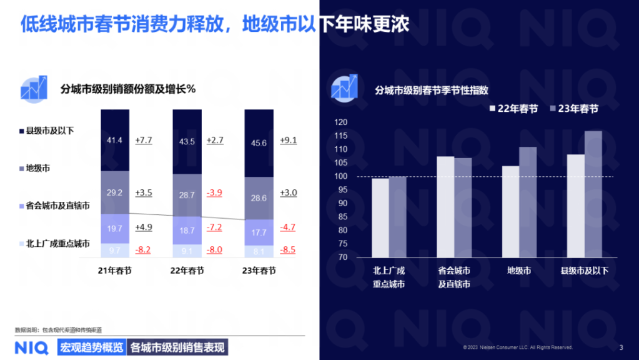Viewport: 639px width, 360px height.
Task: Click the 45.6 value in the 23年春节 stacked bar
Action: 259,143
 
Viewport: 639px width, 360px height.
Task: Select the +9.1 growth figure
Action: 288,140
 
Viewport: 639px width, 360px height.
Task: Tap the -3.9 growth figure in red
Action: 215,192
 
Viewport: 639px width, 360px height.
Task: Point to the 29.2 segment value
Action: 114,193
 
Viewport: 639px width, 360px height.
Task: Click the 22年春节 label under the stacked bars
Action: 187,271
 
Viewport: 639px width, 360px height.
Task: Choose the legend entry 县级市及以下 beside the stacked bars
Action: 50,131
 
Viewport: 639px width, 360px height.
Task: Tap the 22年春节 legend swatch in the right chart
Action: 492,109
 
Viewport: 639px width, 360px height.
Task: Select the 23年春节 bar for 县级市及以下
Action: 593,194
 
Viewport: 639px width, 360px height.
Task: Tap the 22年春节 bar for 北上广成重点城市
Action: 380,217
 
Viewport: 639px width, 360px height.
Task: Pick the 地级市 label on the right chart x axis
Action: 519,271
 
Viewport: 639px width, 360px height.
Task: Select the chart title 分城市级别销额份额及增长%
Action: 128,89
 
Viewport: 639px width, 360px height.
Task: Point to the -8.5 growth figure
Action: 288,249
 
